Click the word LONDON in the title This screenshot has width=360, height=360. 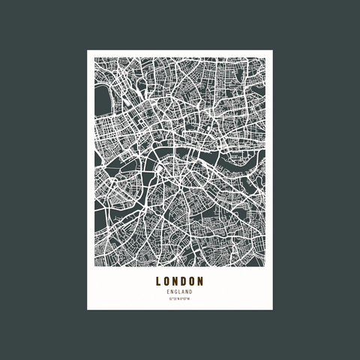[x=180, y=282]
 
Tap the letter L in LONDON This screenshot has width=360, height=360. [x=159, y=282]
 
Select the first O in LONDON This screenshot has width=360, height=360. [x=167, y=282]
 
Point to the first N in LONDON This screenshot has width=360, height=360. [x=175, y=282]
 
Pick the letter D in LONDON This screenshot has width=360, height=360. [x=184, y=282]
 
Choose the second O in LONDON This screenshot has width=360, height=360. [x=192, y=282]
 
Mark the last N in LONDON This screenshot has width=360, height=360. [x=201, y=282]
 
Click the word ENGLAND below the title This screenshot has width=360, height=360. [x=180, y=292]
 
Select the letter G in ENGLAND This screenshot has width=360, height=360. [x=176, y=292]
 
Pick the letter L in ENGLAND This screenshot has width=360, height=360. [x=179, y=292]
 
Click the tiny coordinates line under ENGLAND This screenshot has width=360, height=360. [x=180, y=299]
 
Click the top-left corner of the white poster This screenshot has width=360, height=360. [x=87, y=50]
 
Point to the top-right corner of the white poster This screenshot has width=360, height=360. [x=274, y=50]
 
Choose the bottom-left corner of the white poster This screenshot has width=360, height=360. [x=87, y=310]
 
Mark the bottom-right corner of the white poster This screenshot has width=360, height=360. [x=274, y=310]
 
